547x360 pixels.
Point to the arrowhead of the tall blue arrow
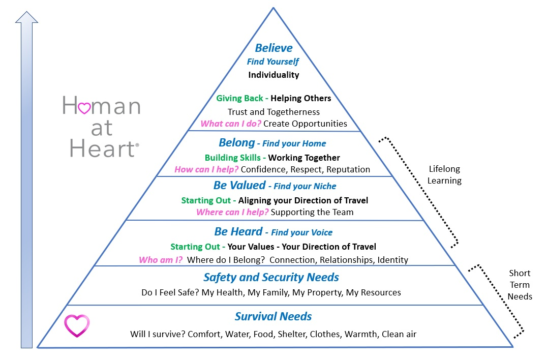pos(26,17)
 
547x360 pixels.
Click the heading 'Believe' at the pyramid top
pos(273,48)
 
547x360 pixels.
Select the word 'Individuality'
pos(273,75)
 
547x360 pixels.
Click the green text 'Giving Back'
pos(239,98)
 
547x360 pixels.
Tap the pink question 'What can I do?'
pos(231,124)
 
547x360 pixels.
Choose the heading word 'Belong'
pos(237,143)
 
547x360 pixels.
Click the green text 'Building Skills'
pos(233,158)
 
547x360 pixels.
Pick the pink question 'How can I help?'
pos(206,169)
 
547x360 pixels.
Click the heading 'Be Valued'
pos(239,185)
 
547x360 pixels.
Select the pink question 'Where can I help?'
pos(232,212)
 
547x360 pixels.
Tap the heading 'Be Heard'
pos(238,232)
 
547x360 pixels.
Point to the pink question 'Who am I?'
pos(161,260)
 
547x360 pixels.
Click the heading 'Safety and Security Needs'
pos(271,277)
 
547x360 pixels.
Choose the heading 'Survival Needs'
pos(273,316)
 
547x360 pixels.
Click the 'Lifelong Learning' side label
pos(444,175)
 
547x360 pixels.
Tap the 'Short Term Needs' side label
pos(520,285)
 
